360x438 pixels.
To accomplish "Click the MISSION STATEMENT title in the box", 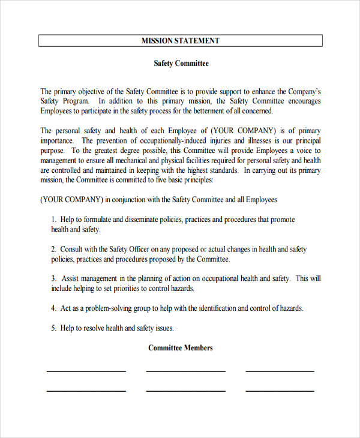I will pos(180,41).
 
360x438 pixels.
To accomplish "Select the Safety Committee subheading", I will pos(181,63).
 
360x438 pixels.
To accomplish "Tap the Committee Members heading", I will pos(180,348).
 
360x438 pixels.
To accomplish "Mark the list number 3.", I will pos(53,278).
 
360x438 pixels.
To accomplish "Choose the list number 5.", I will pos(53,328).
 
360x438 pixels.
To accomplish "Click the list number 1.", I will pos(53,220).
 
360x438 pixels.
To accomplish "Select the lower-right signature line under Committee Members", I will pos(280,391).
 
